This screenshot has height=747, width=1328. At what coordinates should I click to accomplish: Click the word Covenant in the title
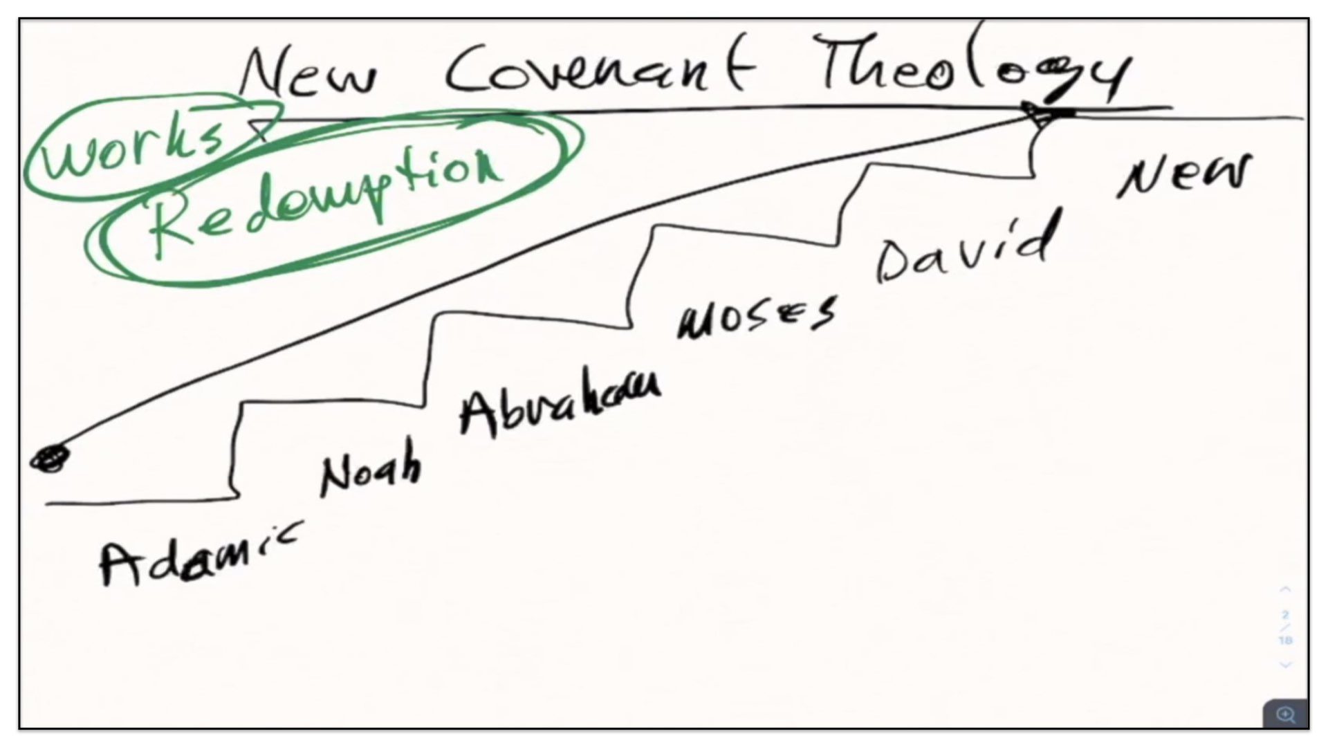[x=598, y=69]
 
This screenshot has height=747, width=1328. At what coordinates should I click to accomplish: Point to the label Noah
[x=370, y=470]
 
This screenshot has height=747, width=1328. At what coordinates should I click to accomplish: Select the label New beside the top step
[x=1186, y=174]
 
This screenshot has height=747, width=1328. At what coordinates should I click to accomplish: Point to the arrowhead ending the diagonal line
[x=1037, y=115]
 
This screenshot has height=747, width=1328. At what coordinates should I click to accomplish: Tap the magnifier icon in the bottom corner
[x=1285, y=714]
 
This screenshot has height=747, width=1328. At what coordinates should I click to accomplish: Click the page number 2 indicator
[x=1285, y=615]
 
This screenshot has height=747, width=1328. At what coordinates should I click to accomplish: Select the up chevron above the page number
[x=1285, y=590]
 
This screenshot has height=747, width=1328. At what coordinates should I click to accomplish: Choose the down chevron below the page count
[x=1285, y=665]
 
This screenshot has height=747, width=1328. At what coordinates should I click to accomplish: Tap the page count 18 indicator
[x=1285, y=640]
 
